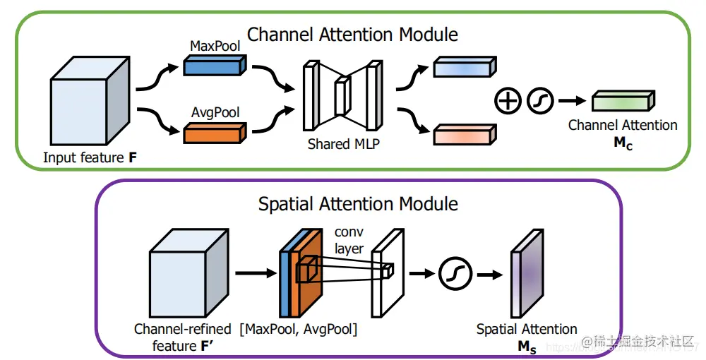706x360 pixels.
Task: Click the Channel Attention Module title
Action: (x=352, y=34)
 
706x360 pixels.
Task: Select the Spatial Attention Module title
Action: (x=358, y=204)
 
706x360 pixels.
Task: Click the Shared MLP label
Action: (x=339, y=144)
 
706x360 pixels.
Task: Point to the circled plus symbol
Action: (x=506, y=101)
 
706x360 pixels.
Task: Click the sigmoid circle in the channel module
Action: (x=540, y=101)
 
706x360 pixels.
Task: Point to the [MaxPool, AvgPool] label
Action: (x=299, y=329)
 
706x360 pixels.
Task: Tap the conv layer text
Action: (x=349, y=241)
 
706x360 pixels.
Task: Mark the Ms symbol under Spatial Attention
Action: (x=527, y=346)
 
